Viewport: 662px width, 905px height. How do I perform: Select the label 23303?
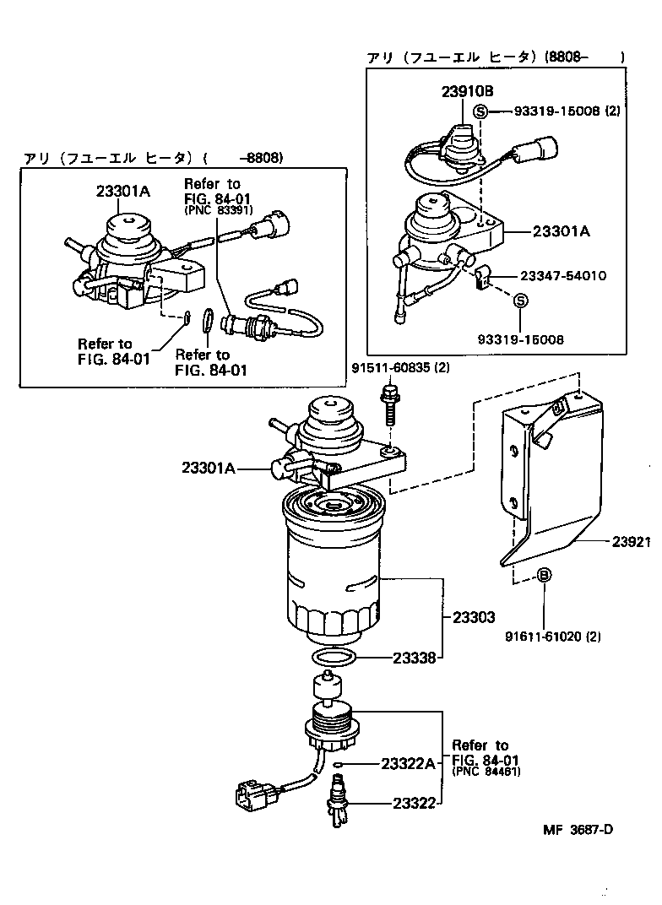point(473,617)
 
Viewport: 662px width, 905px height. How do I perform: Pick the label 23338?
point(414,657)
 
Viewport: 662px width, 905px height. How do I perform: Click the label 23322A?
point(408,763)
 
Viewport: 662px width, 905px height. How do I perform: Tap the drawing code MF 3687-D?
point(578,828)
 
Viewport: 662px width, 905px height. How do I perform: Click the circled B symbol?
point(545,575)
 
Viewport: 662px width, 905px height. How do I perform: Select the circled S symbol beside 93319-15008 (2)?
point(480,111)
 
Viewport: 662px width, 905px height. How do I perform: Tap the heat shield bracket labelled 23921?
point(553,481)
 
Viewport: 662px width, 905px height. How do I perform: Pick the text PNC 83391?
point(217,210)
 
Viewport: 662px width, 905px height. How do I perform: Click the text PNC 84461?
point(486,771)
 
